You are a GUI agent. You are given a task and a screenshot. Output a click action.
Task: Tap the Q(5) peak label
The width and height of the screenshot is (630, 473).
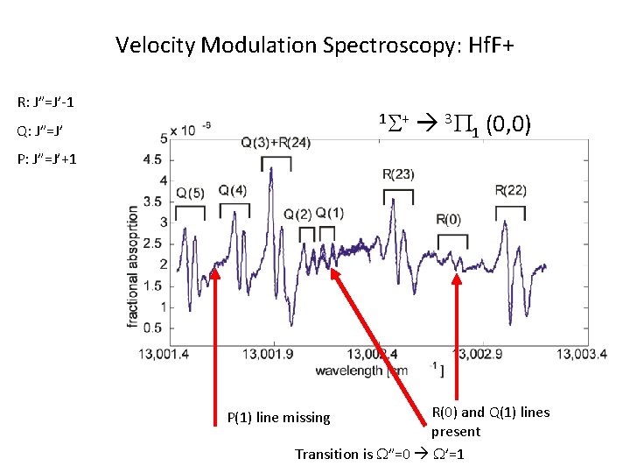point(190,193)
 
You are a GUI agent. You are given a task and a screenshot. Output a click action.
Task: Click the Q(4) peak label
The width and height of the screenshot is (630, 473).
point(233,190)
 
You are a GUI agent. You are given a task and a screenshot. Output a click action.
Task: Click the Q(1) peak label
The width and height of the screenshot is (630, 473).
point(330,213)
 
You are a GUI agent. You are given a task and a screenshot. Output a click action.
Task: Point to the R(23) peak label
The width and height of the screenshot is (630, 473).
point(398,174)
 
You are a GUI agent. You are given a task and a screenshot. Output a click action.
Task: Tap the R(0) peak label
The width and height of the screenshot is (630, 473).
point(449,218)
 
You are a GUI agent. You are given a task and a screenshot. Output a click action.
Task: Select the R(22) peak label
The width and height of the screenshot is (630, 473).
point(510,190)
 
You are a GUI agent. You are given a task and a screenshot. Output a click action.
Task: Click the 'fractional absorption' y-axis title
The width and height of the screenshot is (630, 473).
point(134,267)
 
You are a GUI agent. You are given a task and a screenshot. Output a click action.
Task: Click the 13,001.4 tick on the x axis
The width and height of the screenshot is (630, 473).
point(164,353)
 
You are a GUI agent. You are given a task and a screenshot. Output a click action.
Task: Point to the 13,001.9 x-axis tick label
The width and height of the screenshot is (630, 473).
point(275,353)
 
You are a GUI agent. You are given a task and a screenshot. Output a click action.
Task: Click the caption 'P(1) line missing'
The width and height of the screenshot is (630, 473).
point(278,418)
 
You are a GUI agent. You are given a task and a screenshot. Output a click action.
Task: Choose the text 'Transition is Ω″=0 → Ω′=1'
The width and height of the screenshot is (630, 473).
point(380,454)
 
